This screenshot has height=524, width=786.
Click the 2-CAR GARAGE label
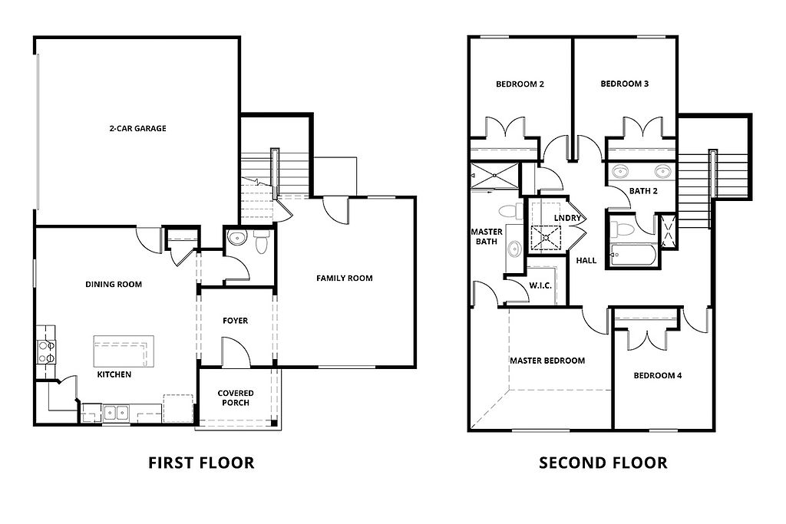(x=137, y=128)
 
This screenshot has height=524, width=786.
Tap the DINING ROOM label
(x=114, y=285)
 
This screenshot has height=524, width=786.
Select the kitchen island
(x=120, y=351)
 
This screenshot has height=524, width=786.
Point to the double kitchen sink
(x=117, y=413)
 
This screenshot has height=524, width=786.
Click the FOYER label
(x=235, y=321)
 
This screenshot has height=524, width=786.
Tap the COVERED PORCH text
(x=235, y=398)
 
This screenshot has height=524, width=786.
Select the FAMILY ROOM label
(x=345, y=278)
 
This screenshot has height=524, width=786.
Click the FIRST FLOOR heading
(x=200, y=463)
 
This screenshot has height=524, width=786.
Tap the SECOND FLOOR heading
(x=603, y=463)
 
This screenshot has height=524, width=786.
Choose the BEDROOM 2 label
(x=520, y=84)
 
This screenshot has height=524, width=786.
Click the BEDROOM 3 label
(x=625, y=84)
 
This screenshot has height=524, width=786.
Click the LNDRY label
(x=576, y=219)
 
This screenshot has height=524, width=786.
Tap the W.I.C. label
(x=540, y=285)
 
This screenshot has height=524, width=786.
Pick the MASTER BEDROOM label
(x=547, y=360)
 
